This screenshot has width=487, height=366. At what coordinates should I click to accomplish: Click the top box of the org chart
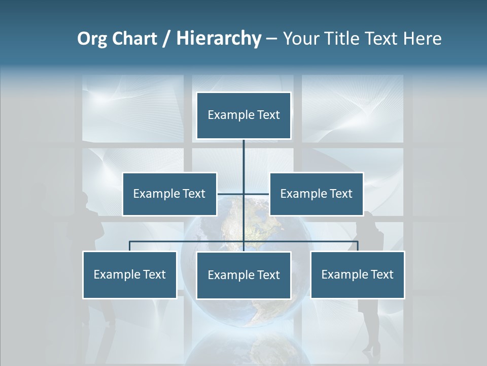coord(243,115)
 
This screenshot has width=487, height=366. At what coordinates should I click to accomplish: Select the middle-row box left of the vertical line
coord(169,194)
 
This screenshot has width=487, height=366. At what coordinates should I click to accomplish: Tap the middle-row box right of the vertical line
coord(316,194)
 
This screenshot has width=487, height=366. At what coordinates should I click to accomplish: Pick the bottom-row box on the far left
coord(130,274)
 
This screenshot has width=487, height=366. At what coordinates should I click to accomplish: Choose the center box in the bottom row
coord(243,275)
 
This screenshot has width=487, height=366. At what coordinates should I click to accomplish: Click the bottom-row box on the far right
coord(357,274)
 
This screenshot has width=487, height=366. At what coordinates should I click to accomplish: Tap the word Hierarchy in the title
coord(218,39)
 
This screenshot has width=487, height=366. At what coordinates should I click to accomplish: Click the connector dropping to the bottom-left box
coord(130,246)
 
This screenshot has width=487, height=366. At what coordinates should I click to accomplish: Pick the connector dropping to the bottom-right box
coord(358,246)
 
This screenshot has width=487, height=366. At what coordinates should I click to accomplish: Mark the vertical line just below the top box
coord(243,152)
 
